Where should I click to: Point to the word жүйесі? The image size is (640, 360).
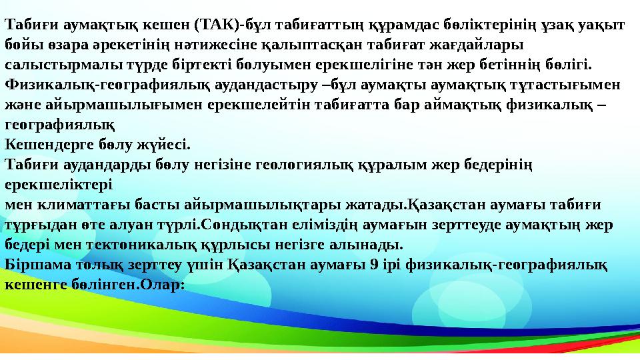point(165,143)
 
